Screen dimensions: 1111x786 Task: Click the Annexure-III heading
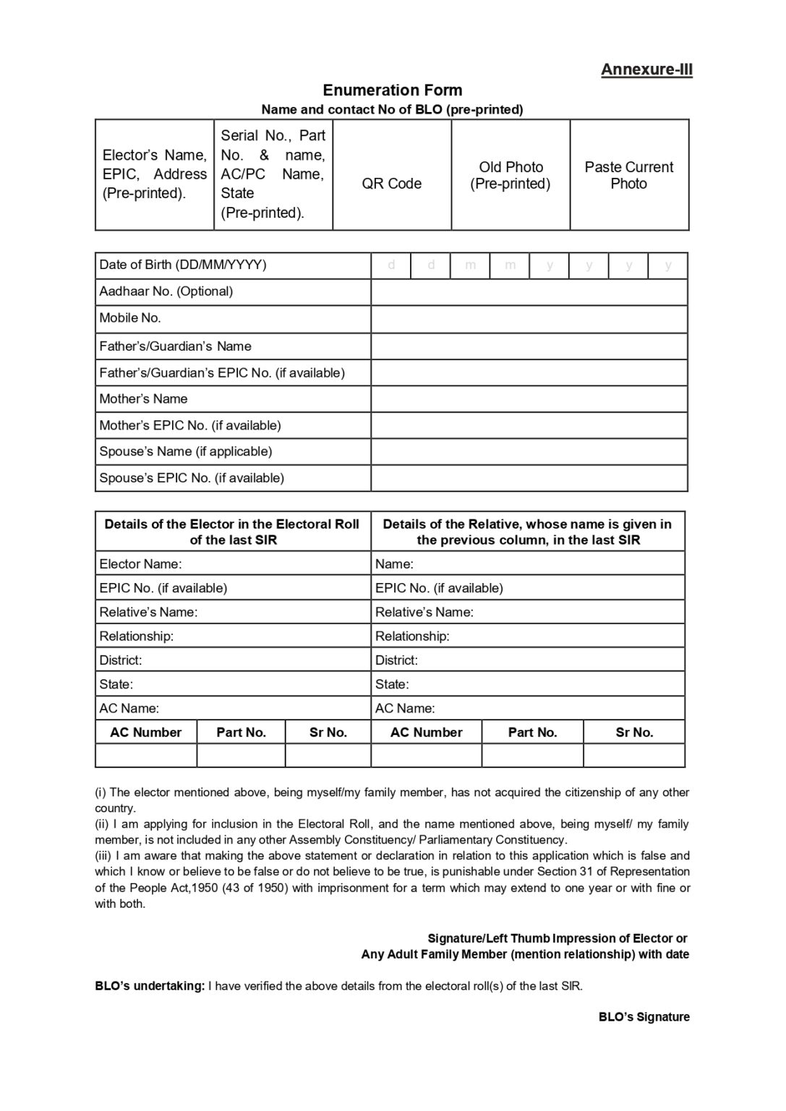coord(646,69)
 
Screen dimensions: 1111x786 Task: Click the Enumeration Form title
coord(392,90)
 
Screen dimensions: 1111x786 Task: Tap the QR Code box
coord(392,175)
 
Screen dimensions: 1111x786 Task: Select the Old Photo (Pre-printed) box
coord(511,175)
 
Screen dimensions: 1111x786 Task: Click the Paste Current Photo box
coord(629,175)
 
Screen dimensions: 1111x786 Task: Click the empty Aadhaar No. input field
coord(529,292)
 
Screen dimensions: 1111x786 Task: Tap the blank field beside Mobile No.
coord(529,319)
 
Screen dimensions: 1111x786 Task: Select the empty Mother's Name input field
coord(529,399)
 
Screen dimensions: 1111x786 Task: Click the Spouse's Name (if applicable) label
coord(186,451)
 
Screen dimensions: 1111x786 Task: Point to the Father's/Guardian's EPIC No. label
coord(222,373)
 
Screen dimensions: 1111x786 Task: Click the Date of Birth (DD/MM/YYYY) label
coord(183,265)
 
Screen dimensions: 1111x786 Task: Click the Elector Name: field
coord(232,563)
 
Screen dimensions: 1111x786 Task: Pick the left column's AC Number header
coord(145,732)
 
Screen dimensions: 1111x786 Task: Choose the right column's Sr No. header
coord(634,732)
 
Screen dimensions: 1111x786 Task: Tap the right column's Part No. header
coord(532,732)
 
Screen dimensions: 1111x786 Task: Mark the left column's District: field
coord(232,660)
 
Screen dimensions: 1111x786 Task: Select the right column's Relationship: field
coord(528,636)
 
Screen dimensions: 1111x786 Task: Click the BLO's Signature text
coord(644,1017)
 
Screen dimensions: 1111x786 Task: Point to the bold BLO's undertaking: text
coord(150,986)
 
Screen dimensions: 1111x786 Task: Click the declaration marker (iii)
coord(103,856)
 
